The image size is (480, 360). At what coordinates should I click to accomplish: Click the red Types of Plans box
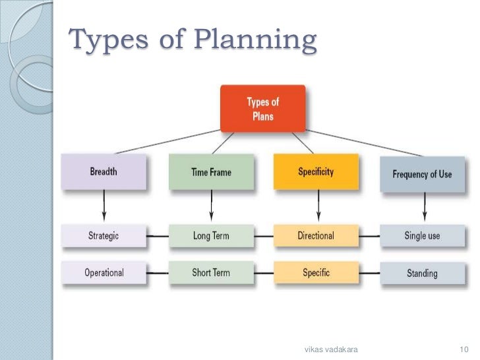262,108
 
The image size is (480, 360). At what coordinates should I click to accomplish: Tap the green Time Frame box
210,173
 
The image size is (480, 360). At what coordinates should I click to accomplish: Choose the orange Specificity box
316,173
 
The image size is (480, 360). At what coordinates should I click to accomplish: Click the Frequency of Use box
422,175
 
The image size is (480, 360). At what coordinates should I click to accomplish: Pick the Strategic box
104,235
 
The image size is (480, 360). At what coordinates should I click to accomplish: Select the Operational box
104,272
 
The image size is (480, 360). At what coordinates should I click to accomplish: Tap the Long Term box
210,235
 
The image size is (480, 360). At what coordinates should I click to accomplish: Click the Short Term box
210,272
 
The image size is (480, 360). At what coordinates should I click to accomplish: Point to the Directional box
316,235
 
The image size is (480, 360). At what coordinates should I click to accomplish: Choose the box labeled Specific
316,272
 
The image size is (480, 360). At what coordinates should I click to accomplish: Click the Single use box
422,235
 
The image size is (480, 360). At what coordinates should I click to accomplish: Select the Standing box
422,272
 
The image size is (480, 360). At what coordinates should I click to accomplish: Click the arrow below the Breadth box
104,208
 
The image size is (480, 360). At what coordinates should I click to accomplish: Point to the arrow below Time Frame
211,208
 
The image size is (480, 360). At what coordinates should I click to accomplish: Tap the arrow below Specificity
318,208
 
